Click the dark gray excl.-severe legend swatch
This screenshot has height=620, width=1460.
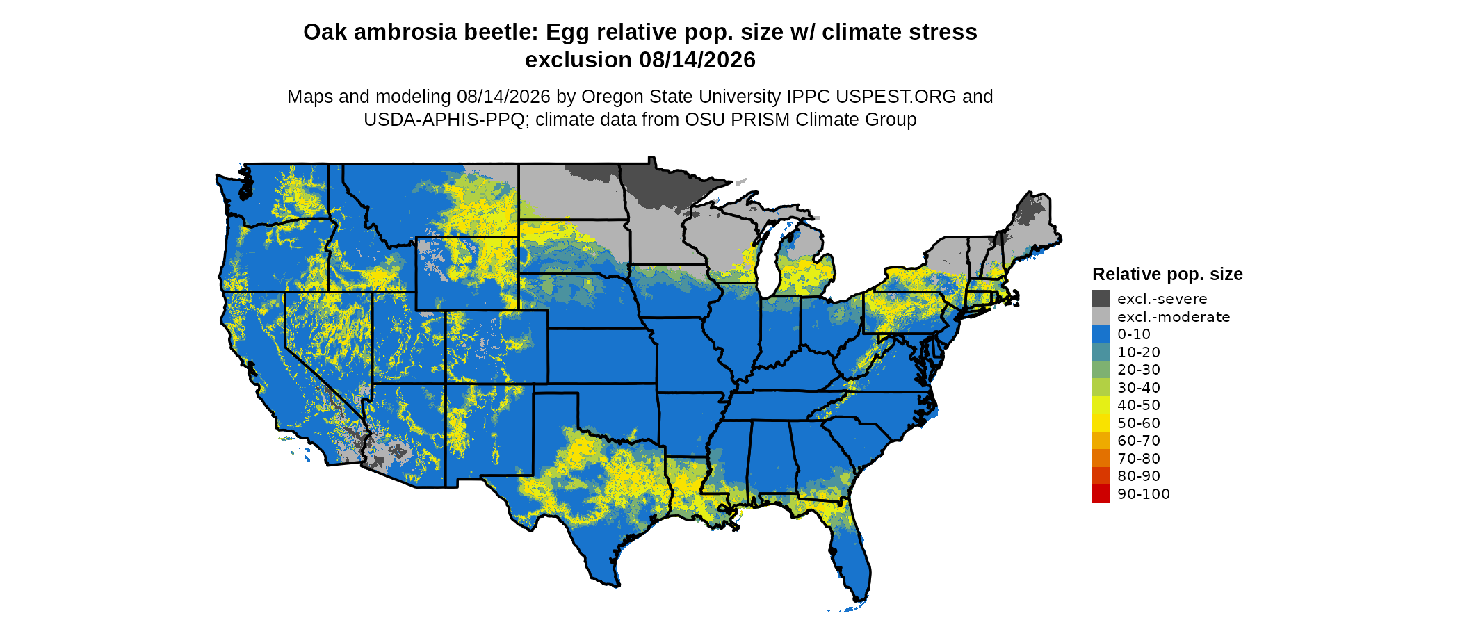pos(1101,299)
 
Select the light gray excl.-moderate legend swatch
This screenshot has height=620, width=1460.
pos(1101,317)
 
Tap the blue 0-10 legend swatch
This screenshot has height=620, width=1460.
pos(1101,334)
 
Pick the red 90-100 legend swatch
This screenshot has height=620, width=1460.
pos(1101,493)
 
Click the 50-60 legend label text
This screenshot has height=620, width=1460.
pos(1139,423)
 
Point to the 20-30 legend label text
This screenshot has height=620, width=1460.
pos(1139,370)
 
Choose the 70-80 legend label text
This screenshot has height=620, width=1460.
pos(1139,459)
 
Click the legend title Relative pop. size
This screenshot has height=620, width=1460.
pos(1167,275)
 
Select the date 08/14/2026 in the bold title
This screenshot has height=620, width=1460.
pos(697,60)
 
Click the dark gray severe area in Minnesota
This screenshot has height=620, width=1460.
pos(657,184)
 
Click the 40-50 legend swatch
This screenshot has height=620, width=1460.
pos(1101,405)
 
